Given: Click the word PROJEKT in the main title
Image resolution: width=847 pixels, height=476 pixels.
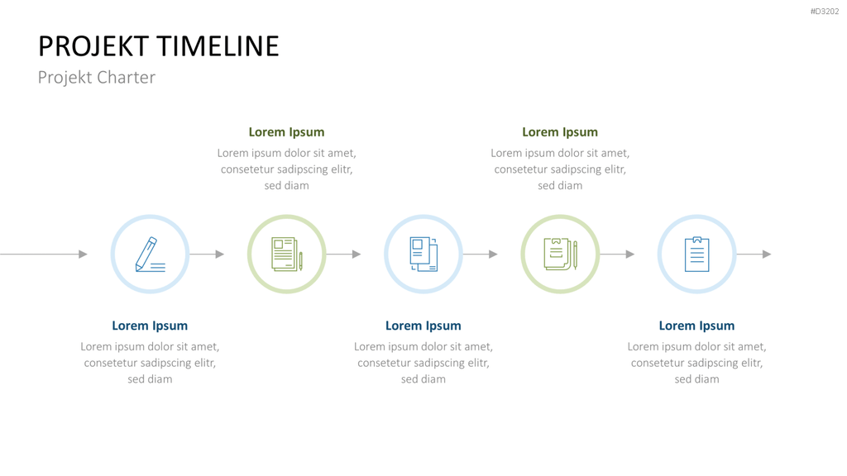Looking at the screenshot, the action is pyautogui.click(x=93, y=46).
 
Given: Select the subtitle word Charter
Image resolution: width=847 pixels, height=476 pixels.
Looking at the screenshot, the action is pyautogui.click(x=126, y=77).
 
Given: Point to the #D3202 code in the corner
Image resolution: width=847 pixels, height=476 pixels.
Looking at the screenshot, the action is pyautogui.click(x=825, y=12).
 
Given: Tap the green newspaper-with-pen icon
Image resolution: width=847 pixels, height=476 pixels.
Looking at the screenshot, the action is pyautogui.click(x=287, y=255).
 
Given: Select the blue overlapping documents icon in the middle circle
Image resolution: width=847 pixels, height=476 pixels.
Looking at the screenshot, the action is pyautogui.click(x=423, y=255).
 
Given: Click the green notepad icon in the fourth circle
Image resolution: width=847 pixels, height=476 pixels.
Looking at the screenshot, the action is pyautogui.click(x=560, y=255).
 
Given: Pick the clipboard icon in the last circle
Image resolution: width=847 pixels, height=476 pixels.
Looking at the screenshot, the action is pyautogui.click(x=696, y=255).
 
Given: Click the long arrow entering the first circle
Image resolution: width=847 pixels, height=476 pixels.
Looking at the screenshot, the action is pyautogui.click(x=43, y=255).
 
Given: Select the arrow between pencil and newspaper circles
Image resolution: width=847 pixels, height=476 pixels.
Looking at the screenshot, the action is pyautogui.click(x=207, y=255).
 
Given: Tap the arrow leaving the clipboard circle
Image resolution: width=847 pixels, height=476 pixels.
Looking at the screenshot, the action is pyautogui.click(x=754, y=255).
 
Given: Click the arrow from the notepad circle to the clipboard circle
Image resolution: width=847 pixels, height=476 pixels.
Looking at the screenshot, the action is pyautogui.click(x=617, y=255).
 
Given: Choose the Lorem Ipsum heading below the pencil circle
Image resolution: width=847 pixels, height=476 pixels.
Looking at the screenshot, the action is pyautogui.click(x=150, y=326).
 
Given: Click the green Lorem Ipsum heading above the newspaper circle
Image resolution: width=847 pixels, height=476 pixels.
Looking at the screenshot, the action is pyautogui.click(x=286, y=132).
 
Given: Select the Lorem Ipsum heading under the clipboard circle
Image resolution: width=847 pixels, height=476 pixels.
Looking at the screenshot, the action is pyautogui.click(x=696, y=326).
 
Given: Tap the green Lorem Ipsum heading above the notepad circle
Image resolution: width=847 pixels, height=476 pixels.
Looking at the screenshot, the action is pyautogui.click(x=560, y=132).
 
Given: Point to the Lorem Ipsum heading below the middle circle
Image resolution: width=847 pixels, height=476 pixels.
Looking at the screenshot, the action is pyautogui.click(x=423, y=326).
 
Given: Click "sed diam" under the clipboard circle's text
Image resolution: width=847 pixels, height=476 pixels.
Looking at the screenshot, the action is pyautogui.click(x=696, y=378).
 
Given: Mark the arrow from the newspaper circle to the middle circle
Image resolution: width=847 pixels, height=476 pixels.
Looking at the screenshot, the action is pyautogui.click(x=343, y=255).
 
